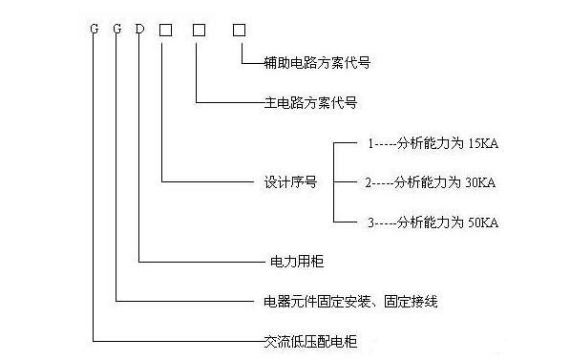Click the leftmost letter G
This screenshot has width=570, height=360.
[94, 30]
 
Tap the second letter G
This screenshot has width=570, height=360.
[116, 30]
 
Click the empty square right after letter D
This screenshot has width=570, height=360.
[165, 30]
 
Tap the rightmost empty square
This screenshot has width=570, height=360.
[240, 30]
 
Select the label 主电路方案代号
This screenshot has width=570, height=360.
[309, 100]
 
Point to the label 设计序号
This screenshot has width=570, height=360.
[286, 180]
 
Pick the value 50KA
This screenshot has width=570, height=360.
[482, 222]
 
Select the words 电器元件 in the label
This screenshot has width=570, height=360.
[287, 301]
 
